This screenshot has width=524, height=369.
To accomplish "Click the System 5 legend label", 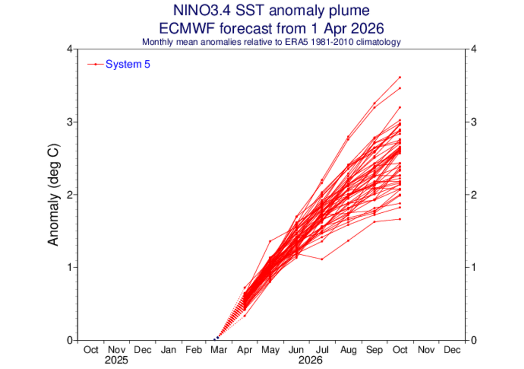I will pyautogui.click(x=127, y=64).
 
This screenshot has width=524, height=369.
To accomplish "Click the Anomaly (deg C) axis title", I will pyautogui.click(x=53, y=195).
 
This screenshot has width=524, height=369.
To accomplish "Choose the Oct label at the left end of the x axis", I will pyautogui.click(x=91, y=350).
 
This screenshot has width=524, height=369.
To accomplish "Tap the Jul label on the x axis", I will pyautogui.click(x=322, y=350).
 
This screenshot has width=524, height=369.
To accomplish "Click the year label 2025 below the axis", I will pyautogui.click(x=117, y=360).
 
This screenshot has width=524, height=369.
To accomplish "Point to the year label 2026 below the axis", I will pyautogui.click(x=310, y=360).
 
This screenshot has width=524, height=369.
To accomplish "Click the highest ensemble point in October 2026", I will pyautogui.click(x=400, y=77).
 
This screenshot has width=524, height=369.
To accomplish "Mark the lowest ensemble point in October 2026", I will pyautogui.click(x=400, y=219).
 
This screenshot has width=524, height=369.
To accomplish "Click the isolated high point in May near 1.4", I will pyautogui.click(x=271, y=241).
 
